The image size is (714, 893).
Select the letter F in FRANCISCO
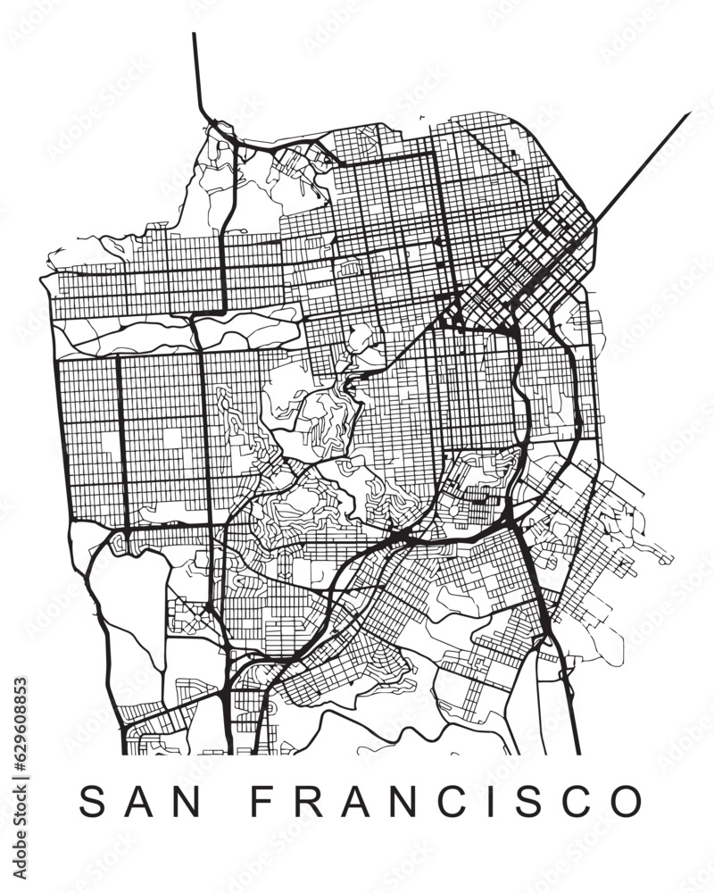point(260,801)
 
